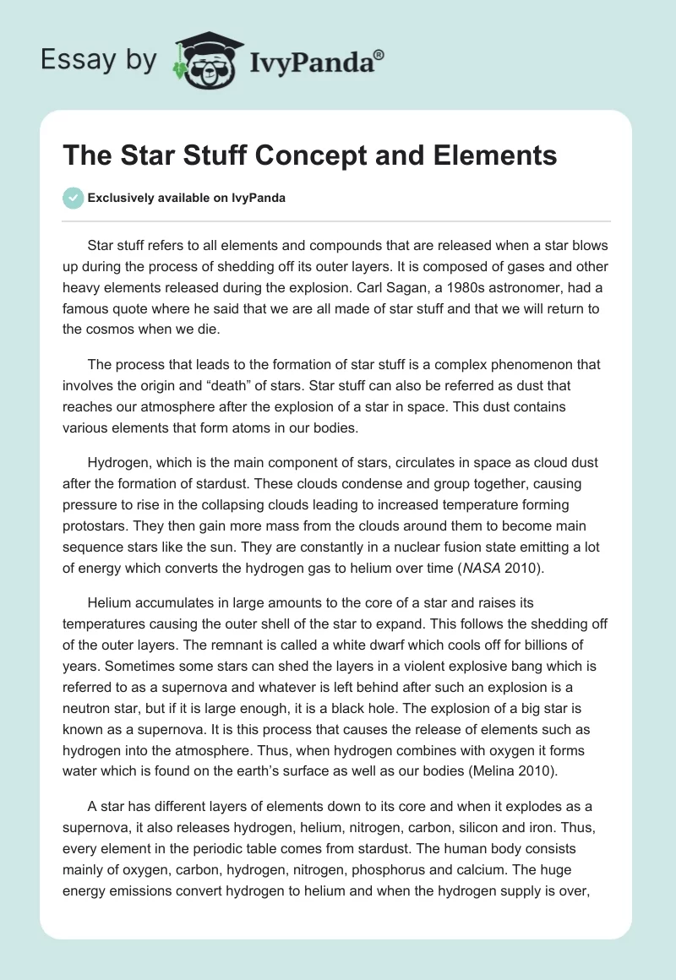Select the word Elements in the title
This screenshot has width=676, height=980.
point(483,156)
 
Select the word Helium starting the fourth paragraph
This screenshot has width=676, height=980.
point(111,603)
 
